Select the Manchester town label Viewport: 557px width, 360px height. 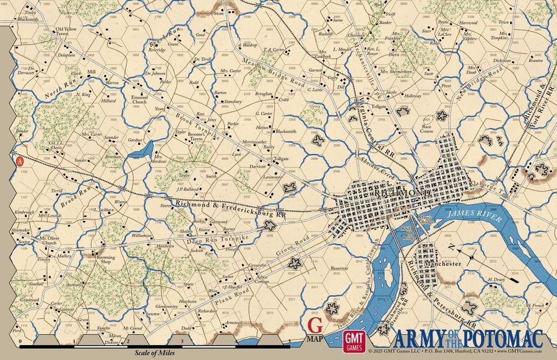click(443, 264)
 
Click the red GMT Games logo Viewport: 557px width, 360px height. click(355, 341)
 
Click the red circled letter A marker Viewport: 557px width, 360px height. click(19, 160)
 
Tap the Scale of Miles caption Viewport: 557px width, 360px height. click(152, 353)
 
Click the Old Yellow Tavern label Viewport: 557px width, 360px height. click(67, 32)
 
